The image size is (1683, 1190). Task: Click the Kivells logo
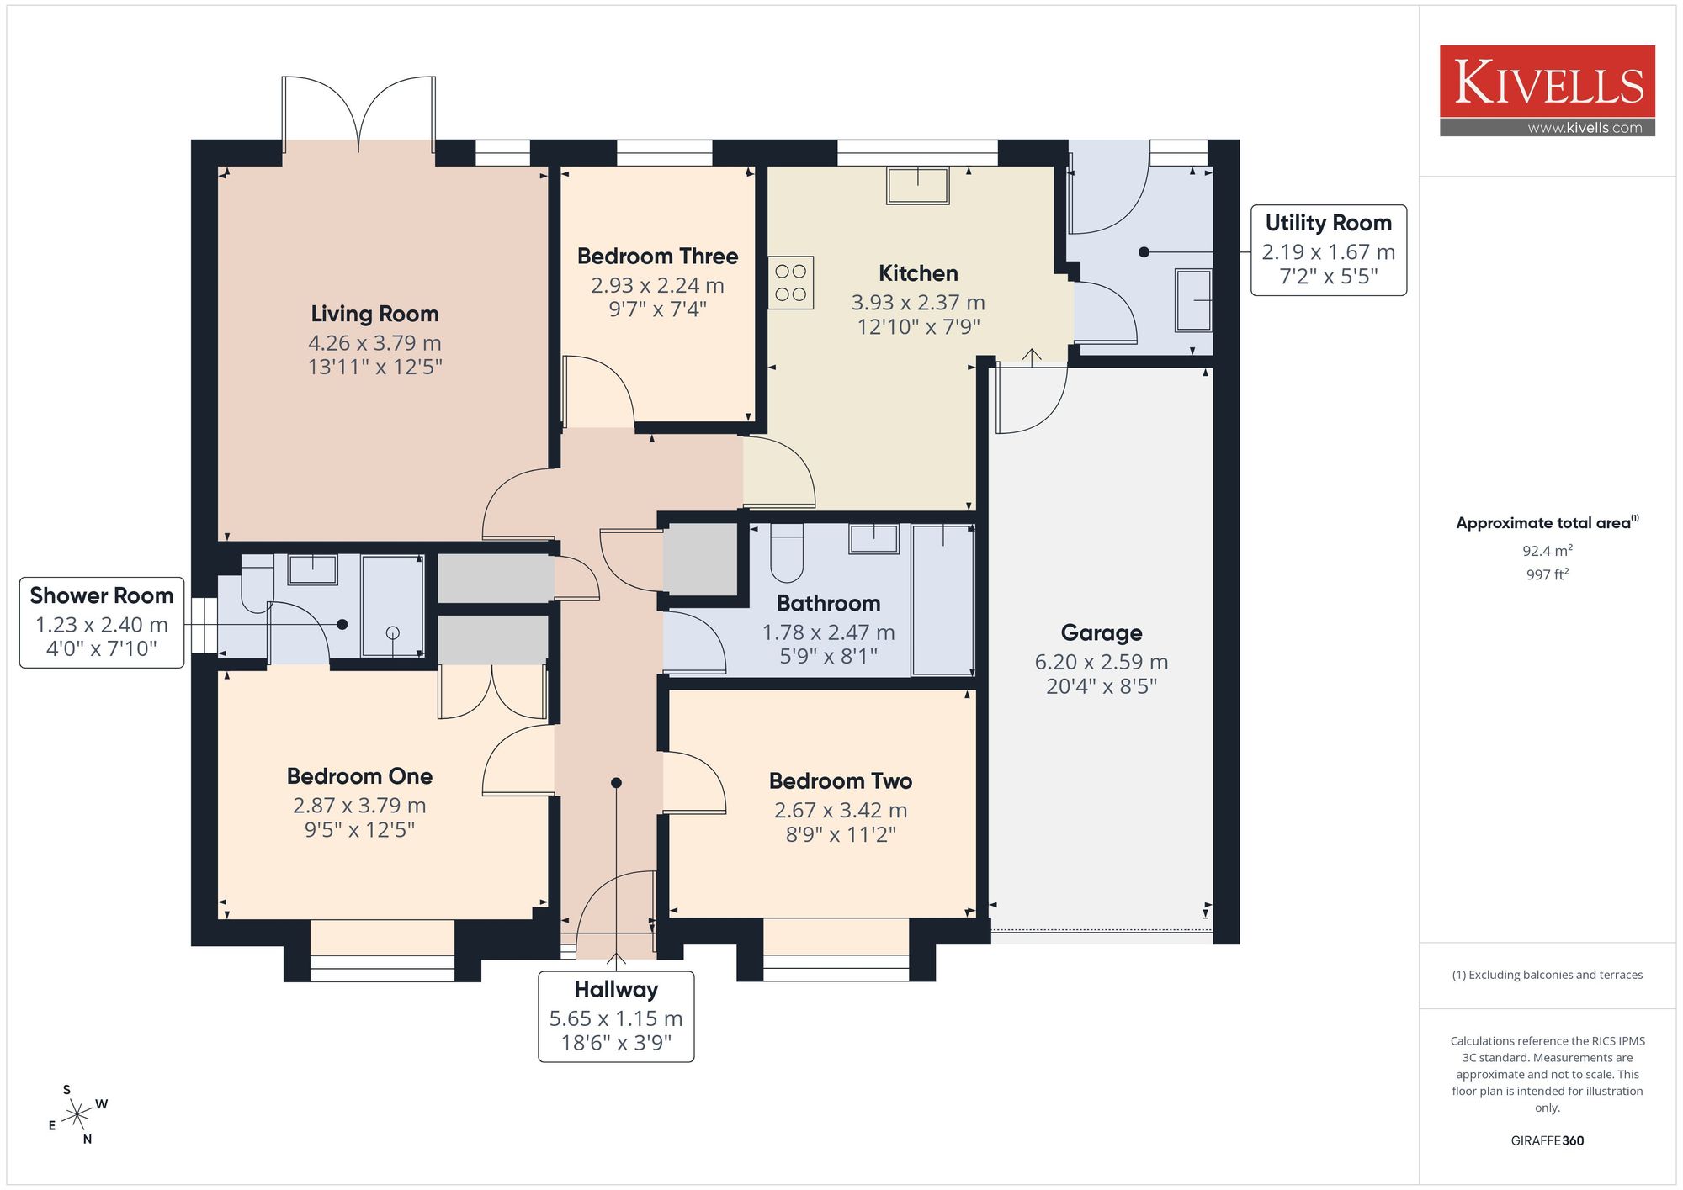(x=1547, y=91)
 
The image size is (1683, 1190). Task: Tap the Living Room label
(x=374, y=314)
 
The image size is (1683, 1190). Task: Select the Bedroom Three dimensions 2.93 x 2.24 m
(x=657, y=285)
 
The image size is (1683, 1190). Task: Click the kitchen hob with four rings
(x=791, y=283)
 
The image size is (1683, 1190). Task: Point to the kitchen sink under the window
(x=917, y=185)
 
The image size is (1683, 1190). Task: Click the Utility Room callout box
(x=1329, y=250)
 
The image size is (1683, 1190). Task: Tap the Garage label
(x=1102, y=632)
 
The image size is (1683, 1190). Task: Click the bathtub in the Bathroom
(x=942, y=600)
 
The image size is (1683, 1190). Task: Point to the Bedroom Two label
(x=841, y=781)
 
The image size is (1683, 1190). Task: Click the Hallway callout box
(x=616, y=1017)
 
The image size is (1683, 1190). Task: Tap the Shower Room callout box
(x=102, y=622)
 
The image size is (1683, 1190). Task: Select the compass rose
(x=77, y=1115)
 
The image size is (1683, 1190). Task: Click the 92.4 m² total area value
(x=1548, y=551)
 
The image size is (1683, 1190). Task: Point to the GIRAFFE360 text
(x=1548, y=1140)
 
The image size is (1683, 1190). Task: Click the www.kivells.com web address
(x=1585, y=128)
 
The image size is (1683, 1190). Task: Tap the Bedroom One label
(x=359, y=776)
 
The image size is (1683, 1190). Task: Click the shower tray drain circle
(x=392, y=633)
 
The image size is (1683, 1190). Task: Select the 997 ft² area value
(x=1548, y=574)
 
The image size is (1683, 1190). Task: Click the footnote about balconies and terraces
(x=1548, y=975)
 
